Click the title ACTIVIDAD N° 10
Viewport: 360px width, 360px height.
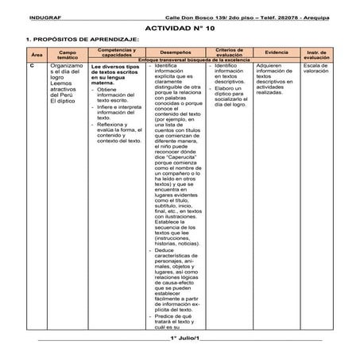(180, 26)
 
